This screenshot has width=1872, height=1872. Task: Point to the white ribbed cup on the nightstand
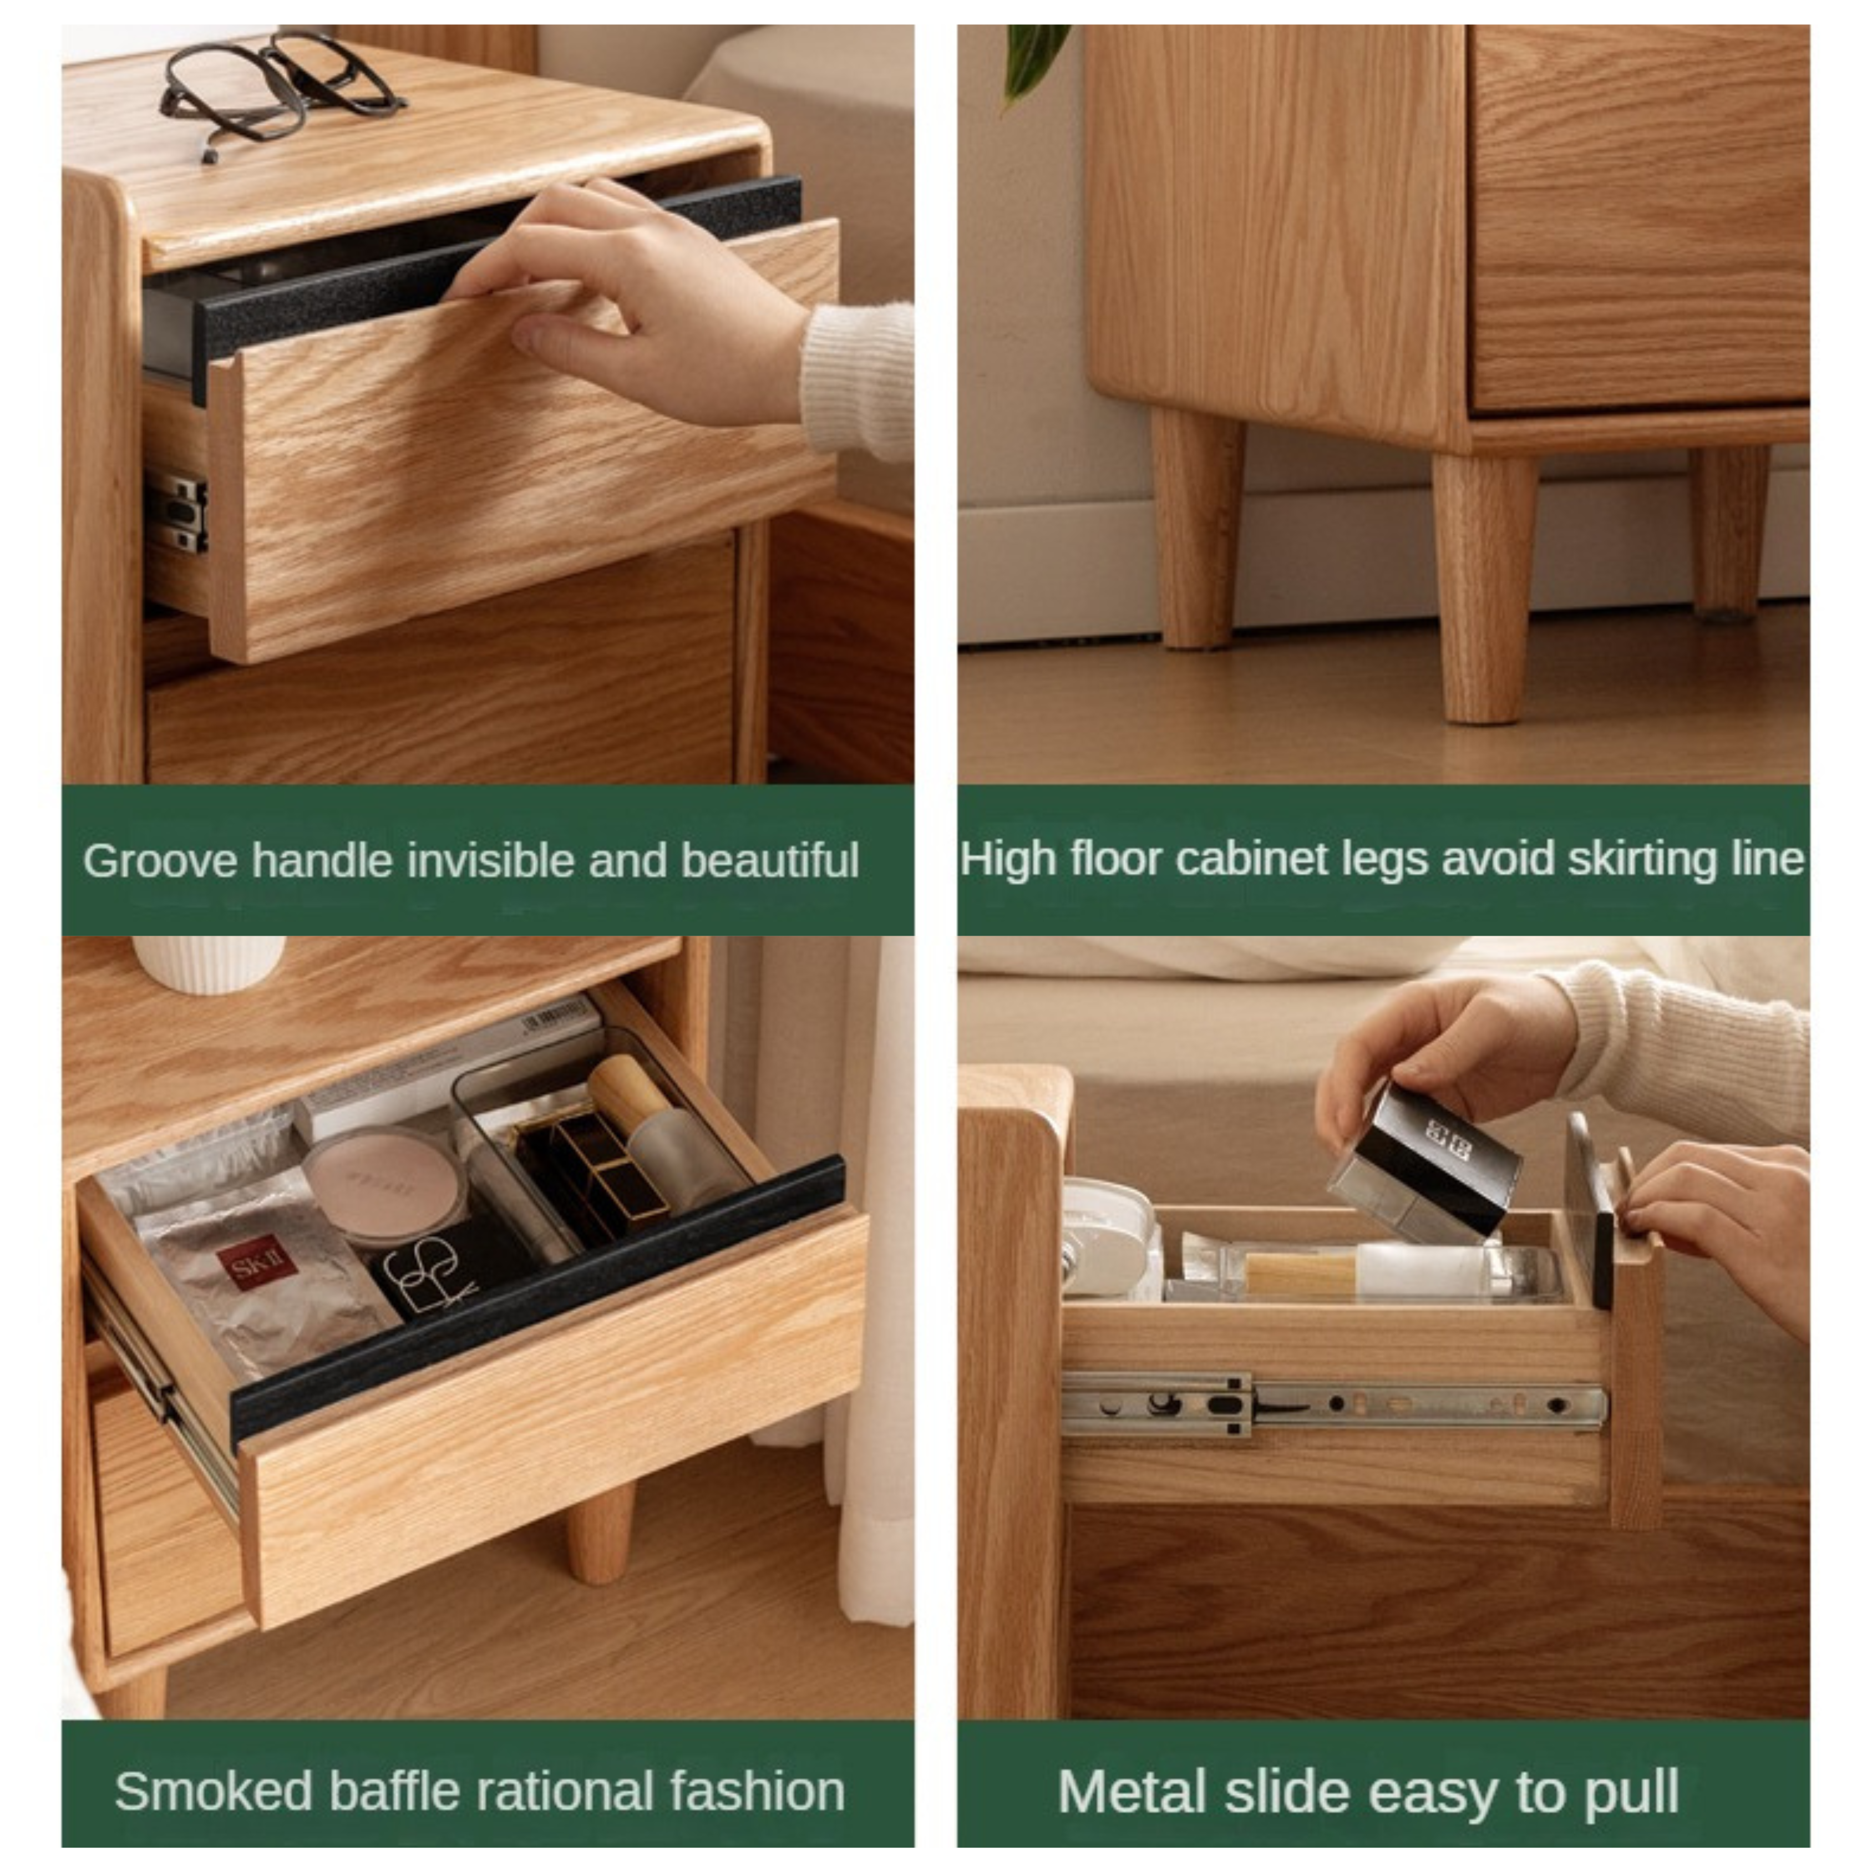point(209,962)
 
